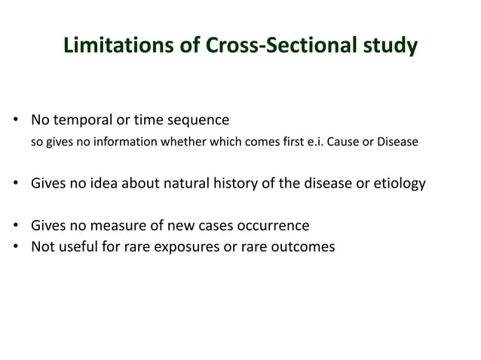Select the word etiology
(399, 184)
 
